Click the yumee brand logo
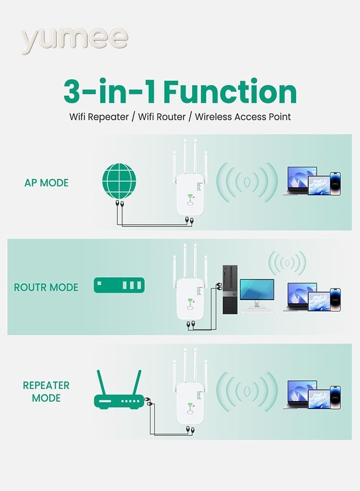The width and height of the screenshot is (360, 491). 74,39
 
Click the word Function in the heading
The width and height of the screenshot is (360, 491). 230,91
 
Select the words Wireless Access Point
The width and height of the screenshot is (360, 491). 243,117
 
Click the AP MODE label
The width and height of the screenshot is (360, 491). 46,183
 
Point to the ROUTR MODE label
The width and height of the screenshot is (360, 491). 46,287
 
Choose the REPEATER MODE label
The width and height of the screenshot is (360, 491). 46,392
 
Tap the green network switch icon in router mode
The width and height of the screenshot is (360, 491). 118,285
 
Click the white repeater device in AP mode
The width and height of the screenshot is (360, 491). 189,194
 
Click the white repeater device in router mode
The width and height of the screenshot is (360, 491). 189,297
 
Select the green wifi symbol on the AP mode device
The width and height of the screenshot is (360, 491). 189,199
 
